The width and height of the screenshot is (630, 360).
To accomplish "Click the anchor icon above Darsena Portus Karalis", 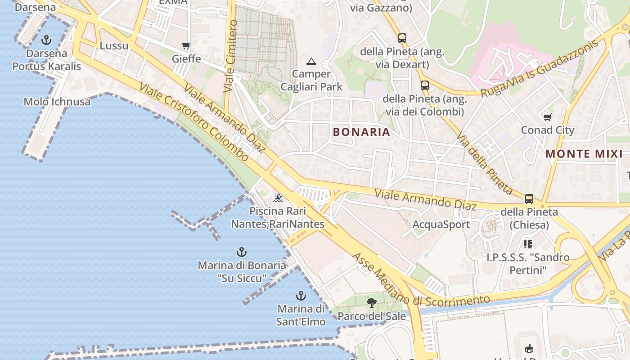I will tap(46, 40).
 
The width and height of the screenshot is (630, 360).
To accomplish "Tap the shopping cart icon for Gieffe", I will tap(186, 46).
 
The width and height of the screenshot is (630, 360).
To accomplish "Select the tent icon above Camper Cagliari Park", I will tap(311, 61).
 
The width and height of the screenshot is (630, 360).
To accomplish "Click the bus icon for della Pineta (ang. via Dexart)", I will tap(402, 38).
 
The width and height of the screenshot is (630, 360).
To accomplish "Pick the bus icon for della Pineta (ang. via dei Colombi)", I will tap(424, 85).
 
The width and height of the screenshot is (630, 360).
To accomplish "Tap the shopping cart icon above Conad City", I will tap(548, 117).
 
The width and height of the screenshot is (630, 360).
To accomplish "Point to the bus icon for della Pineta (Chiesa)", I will tap(529, 198).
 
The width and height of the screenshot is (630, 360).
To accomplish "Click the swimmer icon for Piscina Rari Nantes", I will tap(278, 198).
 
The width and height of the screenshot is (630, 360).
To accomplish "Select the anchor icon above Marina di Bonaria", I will tap(242, 252).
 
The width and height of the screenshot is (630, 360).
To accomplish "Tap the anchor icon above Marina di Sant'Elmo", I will tap(301, 296).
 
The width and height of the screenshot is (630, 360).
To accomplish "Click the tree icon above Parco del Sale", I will tap(372, 302).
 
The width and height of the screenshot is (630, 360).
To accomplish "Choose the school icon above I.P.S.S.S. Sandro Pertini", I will tap(528, 244).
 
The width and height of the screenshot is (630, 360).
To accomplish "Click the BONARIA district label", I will tap(361, 132).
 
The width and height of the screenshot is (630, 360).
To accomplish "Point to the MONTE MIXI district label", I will tap(584, 154).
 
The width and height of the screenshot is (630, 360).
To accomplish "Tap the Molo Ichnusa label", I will tap(57, 102).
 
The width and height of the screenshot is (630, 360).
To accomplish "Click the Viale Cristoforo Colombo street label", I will tap(194, 121).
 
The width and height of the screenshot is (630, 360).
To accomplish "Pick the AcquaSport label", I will tap(441, 225).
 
